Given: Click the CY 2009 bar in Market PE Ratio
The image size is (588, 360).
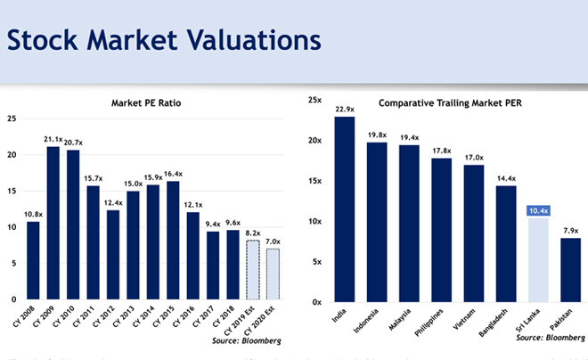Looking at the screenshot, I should coord(53,223).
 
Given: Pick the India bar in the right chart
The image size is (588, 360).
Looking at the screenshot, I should coord(345,209).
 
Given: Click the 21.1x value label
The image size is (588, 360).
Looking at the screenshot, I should coord(53,139).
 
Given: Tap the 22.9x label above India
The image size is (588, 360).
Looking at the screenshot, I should coord(345,110).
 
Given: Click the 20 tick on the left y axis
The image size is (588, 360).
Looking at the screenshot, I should coord(12,154).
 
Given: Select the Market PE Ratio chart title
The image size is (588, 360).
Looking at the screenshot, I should coord(147,102).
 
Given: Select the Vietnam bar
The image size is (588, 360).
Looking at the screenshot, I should coord(473,233).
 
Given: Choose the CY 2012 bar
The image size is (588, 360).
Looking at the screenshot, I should coord(111,254).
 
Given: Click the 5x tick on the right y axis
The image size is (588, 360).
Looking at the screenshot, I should coord(316,261).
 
